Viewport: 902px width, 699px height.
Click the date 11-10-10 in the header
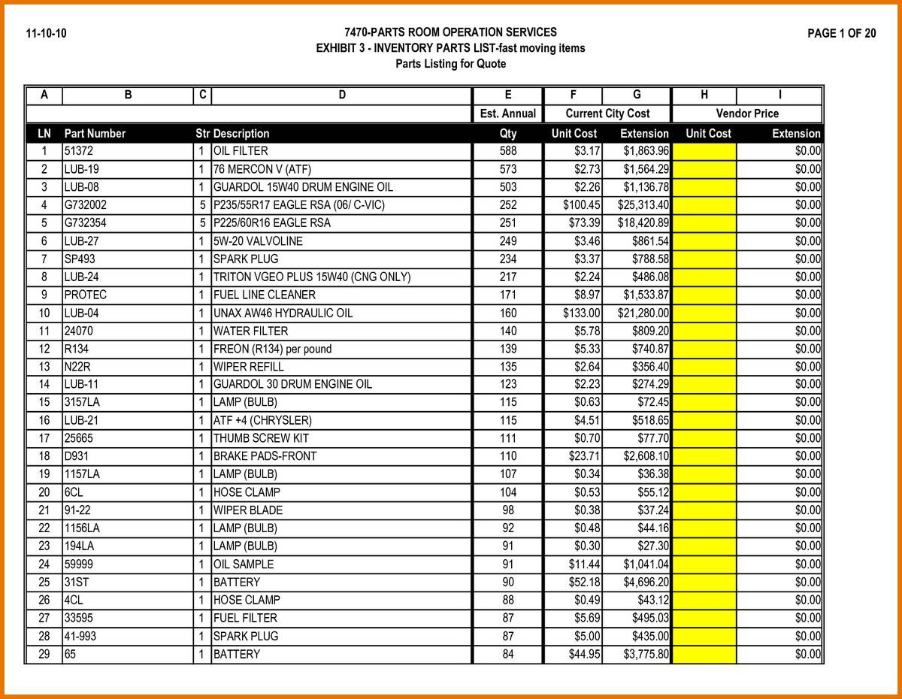click(x=46, y=33)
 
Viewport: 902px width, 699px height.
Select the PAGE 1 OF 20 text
click(x=841, y=33)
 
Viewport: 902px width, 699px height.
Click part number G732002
click(x=86, y=205)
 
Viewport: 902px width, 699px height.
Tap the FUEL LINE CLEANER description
click(x=265, y=295)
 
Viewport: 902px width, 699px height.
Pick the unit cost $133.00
click(x=581, y=313)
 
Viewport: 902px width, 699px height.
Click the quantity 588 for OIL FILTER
click(x=508, y=151)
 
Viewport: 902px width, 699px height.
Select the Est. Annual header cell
click(x=508, y=114)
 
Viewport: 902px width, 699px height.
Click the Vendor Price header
click(x=747, y=114)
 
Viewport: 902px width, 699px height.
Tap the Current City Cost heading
click(x=607, y=114)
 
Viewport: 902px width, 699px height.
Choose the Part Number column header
click(x=95, y=134)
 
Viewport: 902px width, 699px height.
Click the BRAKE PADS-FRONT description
click(x=265, y=456)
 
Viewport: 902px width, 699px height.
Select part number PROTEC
click(x=86, y=295)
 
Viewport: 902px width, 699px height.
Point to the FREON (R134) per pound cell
click(x=272, y=349)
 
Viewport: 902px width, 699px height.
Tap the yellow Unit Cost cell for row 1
click(x=704, y=151)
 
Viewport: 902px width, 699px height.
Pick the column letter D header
click(x=342, y=95)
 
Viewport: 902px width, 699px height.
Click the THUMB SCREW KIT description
click(x=261, y=438)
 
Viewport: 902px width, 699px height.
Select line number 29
click(x=44, y=655)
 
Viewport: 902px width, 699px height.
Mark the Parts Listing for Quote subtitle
click(x=450, y=64)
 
